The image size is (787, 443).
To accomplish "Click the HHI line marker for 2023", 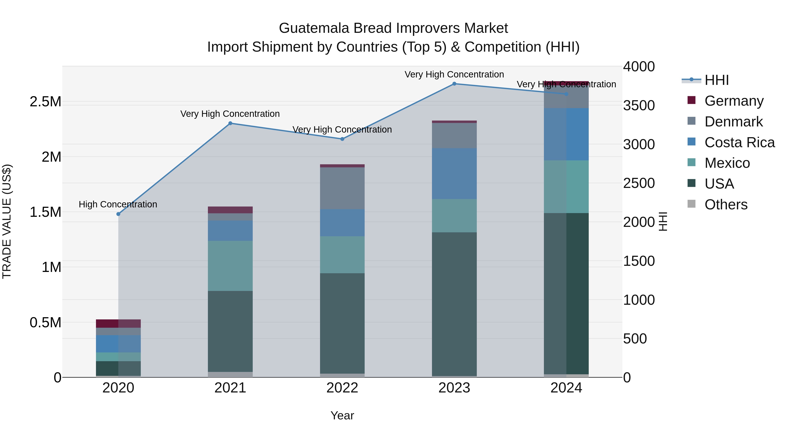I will coord(454,84).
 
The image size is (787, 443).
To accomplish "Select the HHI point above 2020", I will coord(118,214).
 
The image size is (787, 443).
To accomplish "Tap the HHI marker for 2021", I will coord(230,123).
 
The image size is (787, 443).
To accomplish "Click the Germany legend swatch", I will coord(691,100).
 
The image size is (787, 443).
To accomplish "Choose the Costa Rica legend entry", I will coord(739,142).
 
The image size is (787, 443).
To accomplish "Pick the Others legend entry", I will coord(726,205).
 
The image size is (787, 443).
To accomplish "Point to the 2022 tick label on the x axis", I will coord(342,388).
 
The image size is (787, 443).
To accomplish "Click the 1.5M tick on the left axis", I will coord(45,212).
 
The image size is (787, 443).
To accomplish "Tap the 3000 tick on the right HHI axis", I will coord(639,144).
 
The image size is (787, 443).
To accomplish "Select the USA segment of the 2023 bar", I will coord(454,304).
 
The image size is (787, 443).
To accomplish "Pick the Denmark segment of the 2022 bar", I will coord(342,188).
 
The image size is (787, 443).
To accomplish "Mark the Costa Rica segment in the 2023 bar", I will coord(454,174).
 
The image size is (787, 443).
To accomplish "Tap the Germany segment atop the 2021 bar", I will coord(230,210).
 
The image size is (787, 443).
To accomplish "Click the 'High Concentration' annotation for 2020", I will coord(118,204).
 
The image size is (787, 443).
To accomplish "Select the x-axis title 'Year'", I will coord(342,415).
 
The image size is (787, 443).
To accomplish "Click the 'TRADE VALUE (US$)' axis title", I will coord(7,221).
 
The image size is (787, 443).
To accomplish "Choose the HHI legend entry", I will coord(716,80).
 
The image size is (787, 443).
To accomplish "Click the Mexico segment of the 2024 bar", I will coord(566,186).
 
